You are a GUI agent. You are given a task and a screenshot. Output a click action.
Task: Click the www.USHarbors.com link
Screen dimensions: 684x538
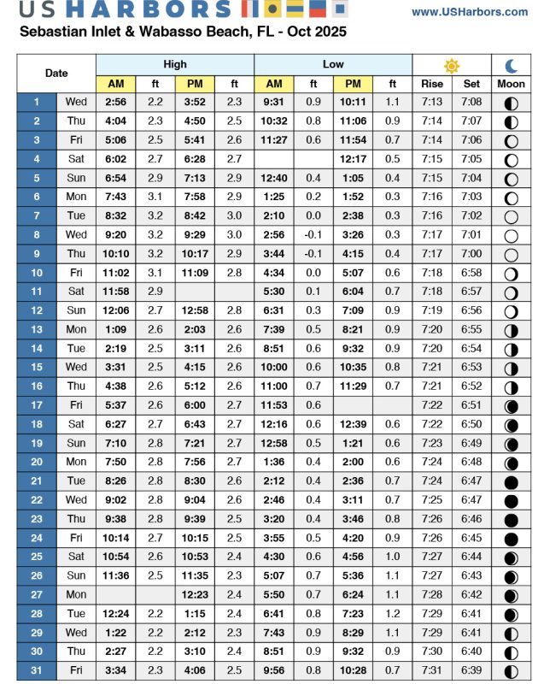click(x=469, y=12)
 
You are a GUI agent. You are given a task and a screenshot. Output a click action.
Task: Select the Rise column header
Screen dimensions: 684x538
click(x=432, y=84)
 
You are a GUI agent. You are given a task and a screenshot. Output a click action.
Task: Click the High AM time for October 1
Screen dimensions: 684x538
click(x=116, y=103)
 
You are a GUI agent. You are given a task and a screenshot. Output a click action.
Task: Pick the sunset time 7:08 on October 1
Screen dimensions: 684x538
click(x=471, y=103)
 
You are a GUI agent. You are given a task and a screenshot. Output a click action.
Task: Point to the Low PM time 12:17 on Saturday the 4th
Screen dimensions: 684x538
click(x=353, y=159)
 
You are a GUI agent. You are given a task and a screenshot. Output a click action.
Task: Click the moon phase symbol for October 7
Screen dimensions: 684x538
click(x=511, y=216)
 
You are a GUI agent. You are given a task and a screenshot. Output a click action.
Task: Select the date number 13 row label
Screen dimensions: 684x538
click(x=37, y=329)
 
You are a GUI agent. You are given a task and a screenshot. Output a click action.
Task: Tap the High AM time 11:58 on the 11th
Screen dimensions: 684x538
click(x=116, y=292)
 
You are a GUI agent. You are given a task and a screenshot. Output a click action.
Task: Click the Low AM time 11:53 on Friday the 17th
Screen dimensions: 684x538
click(x=274, y=405)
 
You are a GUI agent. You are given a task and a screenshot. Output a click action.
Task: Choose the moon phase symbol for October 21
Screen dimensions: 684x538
click(x=511, y=481)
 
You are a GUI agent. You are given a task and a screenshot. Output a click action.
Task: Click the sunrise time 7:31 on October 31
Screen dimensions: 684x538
click(x=432, y=669)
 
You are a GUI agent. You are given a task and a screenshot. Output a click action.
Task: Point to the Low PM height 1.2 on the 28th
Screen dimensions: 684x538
click(x=393, y=613)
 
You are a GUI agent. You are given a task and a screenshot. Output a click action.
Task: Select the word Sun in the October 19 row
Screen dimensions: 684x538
click(x=76, y=443)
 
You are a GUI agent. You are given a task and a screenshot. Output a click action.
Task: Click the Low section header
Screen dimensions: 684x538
click(x=333, y=65)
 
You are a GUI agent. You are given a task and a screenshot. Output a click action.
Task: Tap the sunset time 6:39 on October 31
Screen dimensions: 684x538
click(x=471, y=669)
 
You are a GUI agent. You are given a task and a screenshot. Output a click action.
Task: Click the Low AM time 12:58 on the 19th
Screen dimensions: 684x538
click(x=274, y=443)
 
